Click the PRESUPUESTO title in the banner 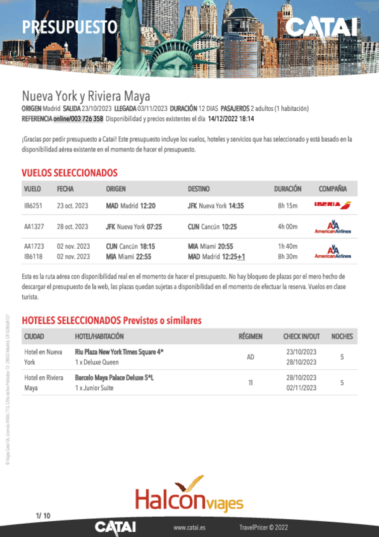coord(70,27)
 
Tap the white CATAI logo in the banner coord(322,27)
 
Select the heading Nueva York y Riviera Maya coord(86,96)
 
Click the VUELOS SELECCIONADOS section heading coord(70,172)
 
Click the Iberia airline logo coord(333,205)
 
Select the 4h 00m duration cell coord(287,226)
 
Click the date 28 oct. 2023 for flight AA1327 coord(73,226)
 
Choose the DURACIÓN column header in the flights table coord(287,189)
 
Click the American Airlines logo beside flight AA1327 coord(333,227)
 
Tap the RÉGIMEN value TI coord(251,382)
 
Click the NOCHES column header coord(342,336)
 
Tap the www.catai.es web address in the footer coord(188,527)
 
